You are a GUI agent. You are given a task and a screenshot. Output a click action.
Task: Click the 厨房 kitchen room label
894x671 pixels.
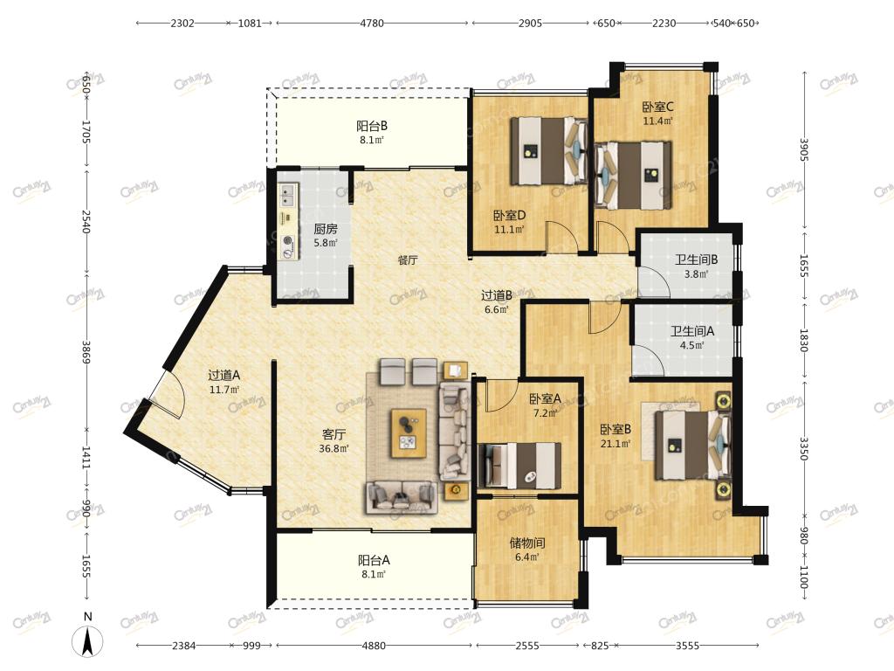[326, 230]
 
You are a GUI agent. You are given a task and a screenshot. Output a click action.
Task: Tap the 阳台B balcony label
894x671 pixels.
[372, 126]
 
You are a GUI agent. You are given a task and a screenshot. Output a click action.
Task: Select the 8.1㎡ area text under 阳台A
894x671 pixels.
[374, 575]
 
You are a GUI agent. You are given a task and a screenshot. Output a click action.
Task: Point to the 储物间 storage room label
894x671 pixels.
[527, 543]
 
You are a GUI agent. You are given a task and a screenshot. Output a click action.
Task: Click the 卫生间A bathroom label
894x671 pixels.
[692, 331]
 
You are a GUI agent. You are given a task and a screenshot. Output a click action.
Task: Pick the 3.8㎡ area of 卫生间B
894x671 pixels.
[696, 273]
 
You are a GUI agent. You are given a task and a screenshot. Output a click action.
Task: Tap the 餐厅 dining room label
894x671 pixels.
[408, 260]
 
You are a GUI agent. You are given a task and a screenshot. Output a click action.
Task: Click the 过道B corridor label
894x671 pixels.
[497, 295]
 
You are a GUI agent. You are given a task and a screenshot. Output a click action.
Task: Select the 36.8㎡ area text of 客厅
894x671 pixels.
[334, 448]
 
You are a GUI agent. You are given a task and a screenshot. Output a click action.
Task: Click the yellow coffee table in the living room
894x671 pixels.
[409, 432]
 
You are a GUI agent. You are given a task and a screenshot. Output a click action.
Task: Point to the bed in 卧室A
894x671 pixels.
[519, 466]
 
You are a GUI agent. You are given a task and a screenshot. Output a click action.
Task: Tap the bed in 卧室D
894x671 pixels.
[548, 150]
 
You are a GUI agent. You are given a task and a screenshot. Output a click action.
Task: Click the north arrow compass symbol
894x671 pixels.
[87, 641]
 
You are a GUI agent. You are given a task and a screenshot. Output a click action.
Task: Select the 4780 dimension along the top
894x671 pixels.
[372, 24]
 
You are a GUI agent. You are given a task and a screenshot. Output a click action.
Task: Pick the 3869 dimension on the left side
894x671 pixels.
[86, 353]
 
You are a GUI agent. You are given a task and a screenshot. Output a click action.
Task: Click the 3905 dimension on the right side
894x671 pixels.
[803, 149]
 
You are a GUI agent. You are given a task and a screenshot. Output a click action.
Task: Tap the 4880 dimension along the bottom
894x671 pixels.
[374, 646]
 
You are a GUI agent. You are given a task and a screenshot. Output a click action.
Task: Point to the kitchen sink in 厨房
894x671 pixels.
[287, 195]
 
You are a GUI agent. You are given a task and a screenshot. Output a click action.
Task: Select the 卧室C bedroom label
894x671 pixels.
[658, 107]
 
